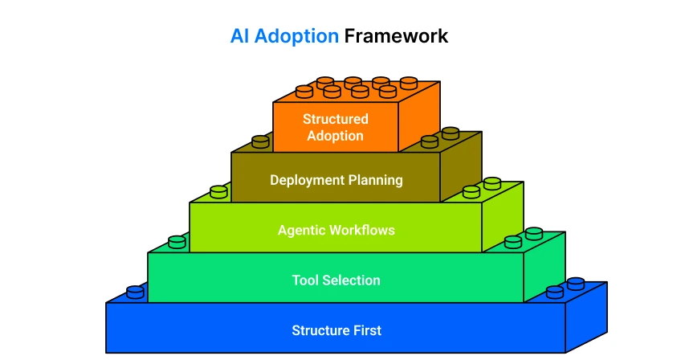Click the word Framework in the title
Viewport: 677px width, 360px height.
(x=396, y=36)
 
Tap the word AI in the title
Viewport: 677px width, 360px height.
(x=239, y=36)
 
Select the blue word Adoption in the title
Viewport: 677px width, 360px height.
(x=296, y=37)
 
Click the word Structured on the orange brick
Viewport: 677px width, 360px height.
(x=336, y=119)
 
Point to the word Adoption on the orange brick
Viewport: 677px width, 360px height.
(x=335, y=136)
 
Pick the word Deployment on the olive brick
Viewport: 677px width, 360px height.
(x=307, y=180)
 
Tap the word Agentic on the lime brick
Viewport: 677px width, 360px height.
(x=297, y=231)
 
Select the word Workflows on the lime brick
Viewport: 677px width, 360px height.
(x=358, y=230)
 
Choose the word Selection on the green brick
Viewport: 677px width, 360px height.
(x=352, y=280)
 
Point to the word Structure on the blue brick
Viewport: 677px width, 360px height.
(x=320, y=330)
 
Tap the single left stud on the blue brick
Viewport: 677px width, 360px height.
(x=135, y=292)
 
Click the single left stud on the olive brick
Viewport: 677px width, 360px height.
(x=260, y=141)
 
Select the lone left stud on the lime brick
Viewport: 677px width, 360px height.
(x=218, y=192)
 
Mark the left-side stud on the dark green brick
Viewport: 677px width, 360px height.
(x=177, y=242)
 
